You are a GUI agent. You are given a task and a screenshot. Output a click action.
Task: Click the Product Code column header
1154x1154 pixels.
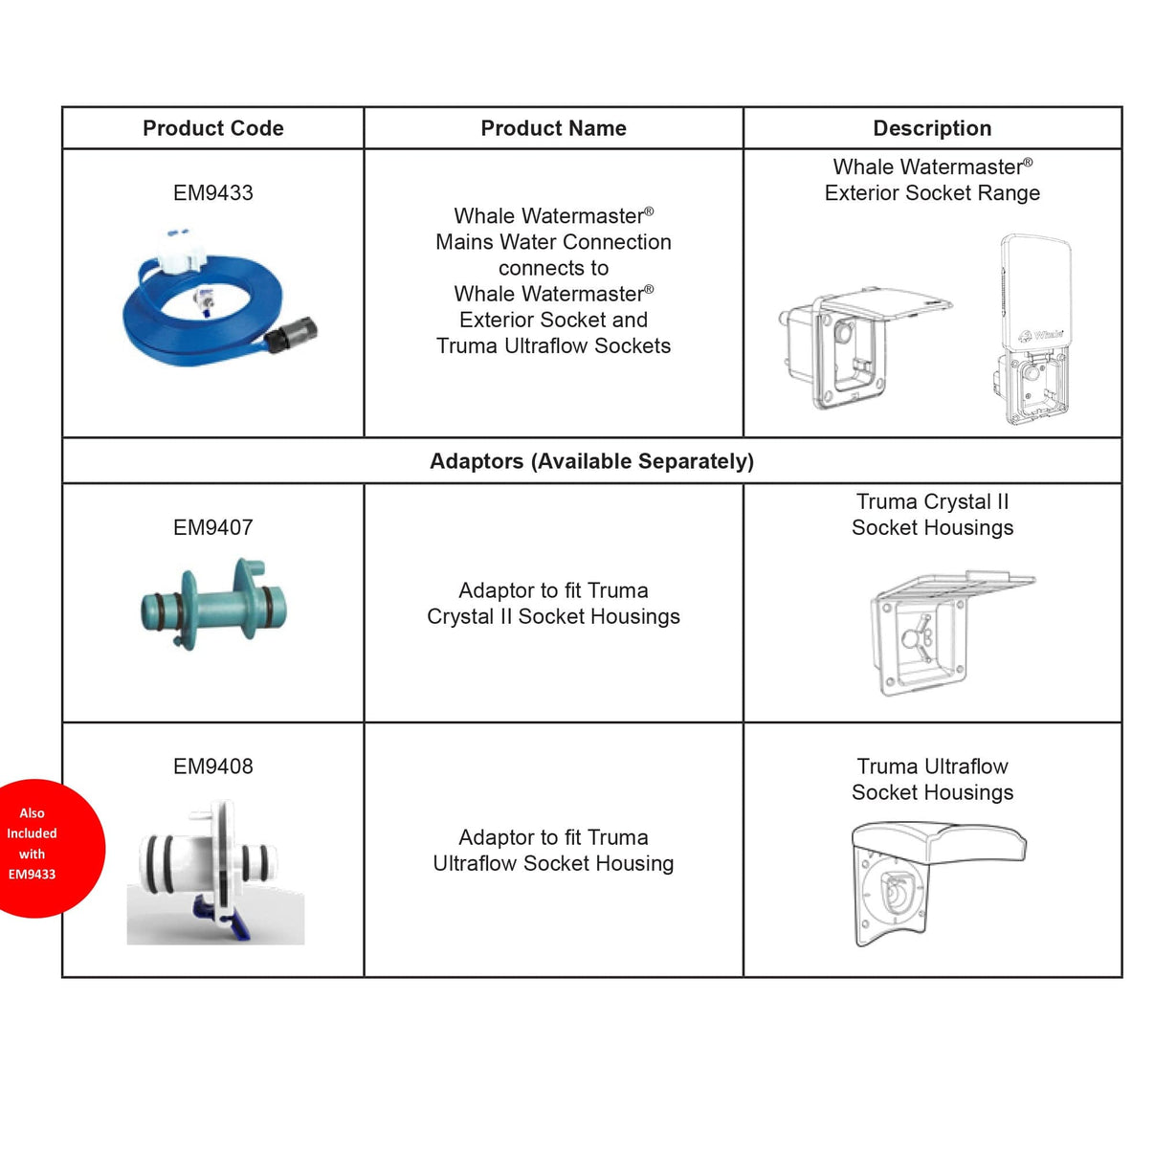click(212, 128)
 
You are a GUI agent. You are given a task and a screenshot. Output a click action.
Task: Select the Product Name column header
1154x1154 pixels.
click(553, 128)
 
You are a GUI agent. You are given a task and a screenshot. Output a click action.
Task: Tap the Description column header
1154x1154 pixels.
click(932, 128)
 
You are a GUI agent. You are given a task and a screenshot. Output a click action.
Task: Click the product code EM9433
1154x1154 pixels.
click(212, 193)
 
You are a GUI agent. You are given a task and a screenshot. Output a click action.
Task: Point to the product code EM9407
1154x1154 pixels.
click(212, 527)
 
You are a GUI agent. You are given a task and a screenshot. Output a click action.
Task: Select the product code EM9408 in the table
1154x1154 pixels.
click(212, 766)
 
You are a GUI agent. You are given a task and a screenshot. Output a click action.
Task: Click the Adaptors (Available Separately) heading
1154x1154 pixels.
click(591, 461)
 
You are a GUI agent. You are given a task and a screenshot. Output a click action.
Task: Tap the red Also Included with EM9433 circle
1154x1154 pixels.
click(38, 846)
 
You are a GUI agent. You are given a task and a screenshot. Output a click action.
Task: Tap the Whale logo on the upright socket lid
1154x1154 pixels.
click(1041, 335)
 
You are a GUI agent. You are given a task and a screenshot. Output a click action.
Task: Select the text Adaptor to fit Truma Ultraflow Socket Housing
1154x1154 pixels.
click(553, 851)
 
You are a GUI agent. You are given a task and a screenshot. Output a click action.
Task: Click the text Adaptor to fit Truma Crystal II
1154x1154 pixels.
click(553, 604)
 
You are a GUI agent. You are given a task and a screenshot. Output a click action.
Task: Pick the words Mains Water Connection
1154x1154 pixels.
click(553, 242)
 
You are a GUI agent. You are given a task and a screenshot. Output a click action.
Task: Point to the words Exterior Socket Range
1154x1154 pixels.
click(932, 193)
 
